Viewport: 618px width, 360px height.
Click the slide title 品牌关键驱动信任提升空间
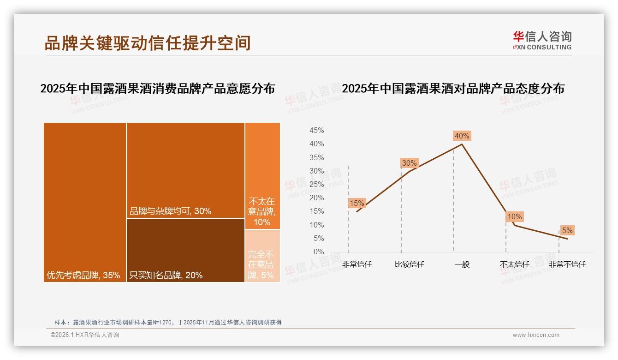coord(148,43)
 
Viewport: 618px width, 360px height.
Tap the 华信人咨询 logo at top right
coord(542,40)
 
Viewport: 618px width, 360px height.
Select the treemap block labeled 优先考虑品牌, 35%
coord(85,202)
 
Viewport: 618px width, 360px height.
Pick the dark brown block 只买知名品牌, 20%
coord(185,250)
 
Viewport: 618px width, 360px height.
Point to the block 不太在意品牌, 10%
coord(262,175)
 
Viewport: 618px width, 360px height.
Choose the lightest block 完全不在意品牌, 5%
coord(262,256)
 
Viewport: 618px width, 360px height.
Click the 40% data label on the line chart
coord(462,136)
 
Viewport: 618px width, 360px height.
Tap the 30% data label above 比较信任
coord(409,163)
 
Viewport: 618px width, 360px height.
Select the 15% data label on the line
coord(357,203)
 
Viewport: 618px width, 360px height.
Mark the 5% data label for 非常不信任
coord(567,230)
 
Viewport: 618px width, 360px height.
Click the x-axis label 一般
coord(462,264)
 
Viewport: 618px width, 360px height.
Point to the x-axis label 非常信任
coord(357,264)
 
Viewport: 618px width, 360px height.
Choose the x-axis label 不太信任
coord(514,264)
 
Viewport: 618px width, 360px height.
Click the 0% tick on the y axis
coord(319,252)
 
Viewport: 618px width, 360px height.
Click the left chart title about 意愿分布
coord(157,89)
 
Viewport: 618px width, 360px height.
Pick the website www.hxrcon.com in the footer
coord(536,335)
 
